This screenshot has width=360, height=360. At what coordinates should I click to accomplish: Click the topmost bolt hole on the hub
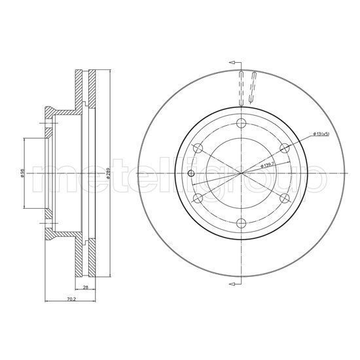pyautogui.click(x=242, y=124)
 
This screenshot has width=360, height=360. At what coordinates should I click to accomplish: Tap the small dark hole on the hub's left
pyautogui.click(x=190, y=173)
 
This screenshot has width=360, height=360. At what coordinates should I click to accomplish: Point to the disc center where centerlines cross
pyautogui.click(x=242, y=173)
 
